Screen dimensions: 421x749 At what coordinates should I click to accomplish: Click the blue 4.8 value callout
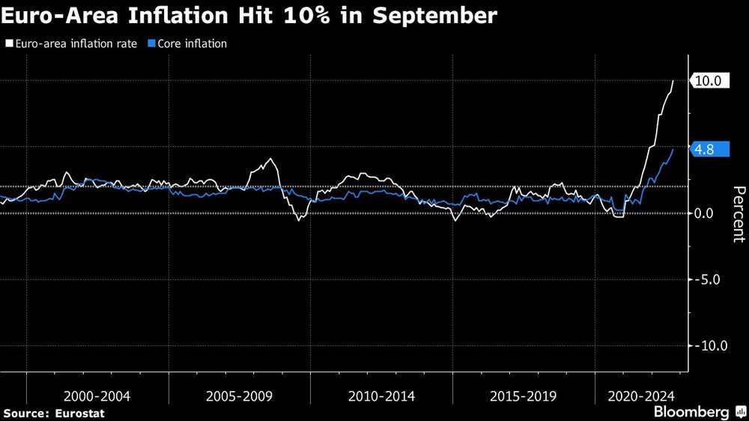tap(705, 150)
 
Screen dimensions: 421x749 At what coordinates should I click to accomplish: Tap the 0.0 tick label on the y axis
tap(708, 213)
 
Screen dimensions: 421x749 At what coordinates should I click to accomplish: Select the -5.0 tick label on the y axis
tap(706, 279)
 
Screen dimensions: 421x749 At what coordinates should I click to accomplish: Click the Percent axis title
tap(739, 213)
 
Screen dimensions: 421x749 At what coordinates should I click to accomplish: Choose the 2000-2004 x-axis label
tap(97, 395)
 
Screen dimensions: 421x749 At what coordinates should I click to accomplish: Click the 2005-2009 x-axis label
tap(239, 395)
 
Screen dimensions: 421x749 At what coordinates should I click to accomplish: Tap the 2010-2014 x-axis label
tap(381, 395)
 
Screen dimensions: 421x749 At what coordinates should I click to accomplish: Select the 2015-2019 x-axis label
tap(523, 395)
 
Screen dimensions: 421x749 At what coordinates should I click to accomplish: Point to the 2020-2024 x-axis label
tap(642, 395)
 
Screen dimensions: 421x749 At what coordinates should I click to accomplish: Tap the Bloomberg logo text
tap(691, 412)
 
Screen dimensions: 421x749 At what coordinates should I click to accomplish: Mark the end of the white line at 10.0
tap(673, 81)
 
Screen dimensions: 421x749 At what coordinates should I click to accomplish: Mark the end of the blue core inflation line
tap(673, 150)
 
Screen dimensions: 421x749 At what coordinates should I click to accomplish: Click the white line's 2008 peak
tap(270, 159)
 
